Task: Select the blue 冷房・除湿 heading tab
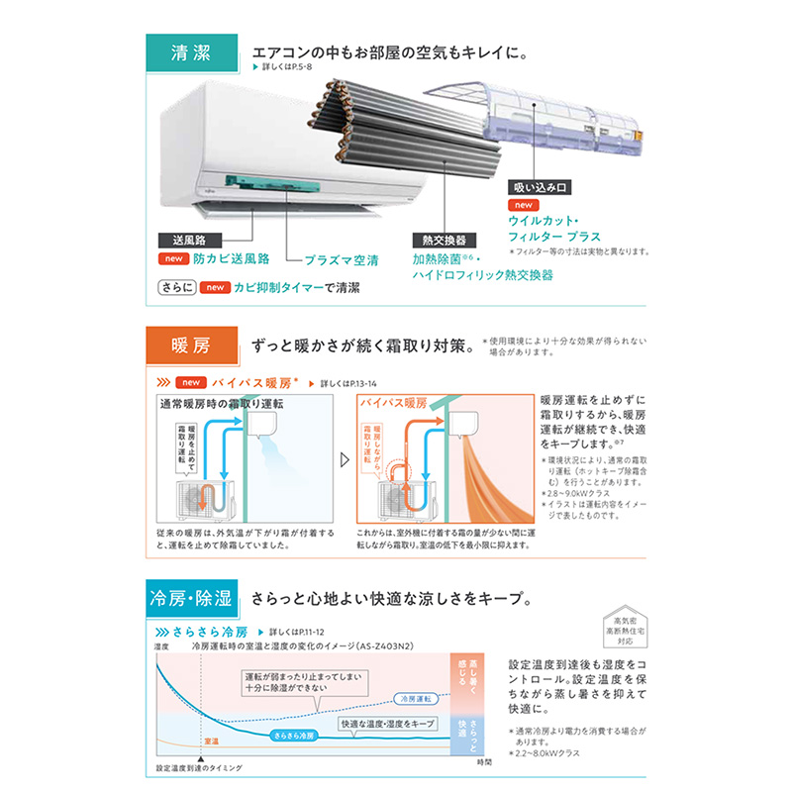point(189,597)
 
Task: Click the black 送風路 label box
point(189,240)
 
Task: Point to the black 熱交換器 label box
point(440,240)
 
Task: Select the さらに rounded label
point(174,288)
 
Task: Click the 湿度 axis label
point(162,645)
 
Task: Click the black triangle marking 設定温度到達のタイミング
point(199,757)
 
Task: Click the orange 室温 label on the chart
point(210,741)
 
